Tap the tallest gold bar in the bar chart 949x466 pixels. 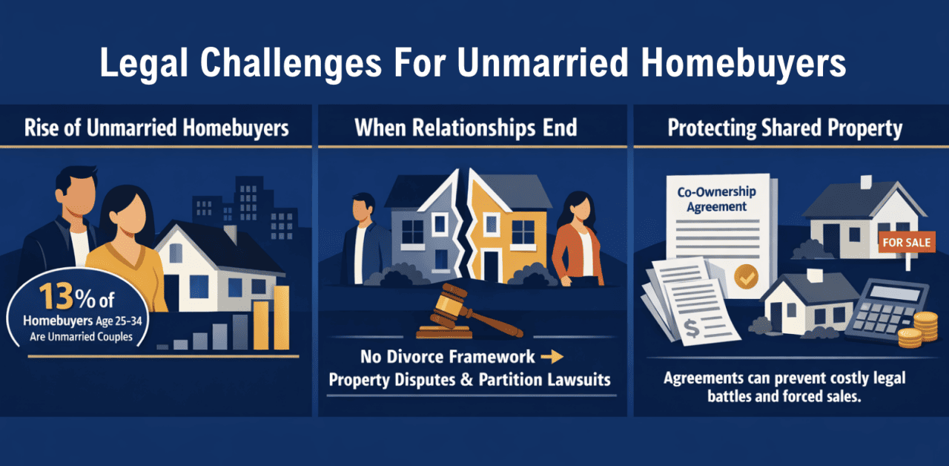pos(281,317)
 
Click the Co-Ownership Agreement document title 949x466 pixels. pos(716,200)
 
